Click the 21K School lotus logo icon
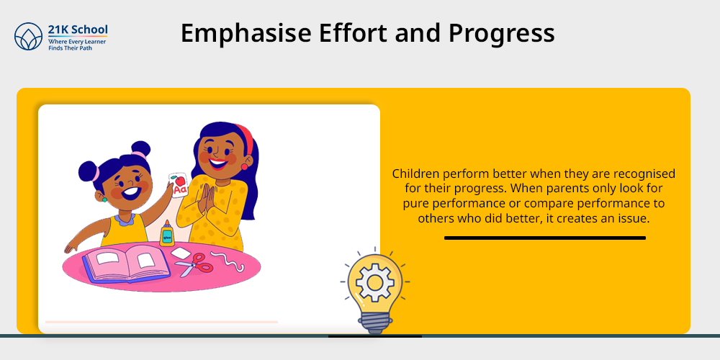pyautogui.click(x=28, y=36)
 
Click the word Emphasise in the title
pyautogui.click(x=246, y=34)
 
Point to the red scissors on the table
pyautogui.click(x=194, y=264)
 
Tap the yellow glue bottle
pyautogui.click(x=167, y=233)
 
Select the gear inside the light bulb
pyautogui.click(x=374, y=283)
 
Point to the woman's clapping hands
pyautogui.click(x=205, y=199)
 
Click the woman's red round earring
pyautogui.click(x=244, y=166)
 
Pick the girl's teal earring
pyautogui.click(x=104, y=199)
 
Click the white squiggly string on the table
pyautogui.click(x=228, y=261)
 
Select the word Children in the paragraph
pyautogui.click(x=413, y=174)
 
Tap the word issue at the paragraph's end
pyautogui.click(x=635, y=219)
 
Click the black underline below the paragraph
pyautogui.click(x=544, y=238)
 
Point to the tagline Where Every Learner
pyautogui.click(x=77, y=41)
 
